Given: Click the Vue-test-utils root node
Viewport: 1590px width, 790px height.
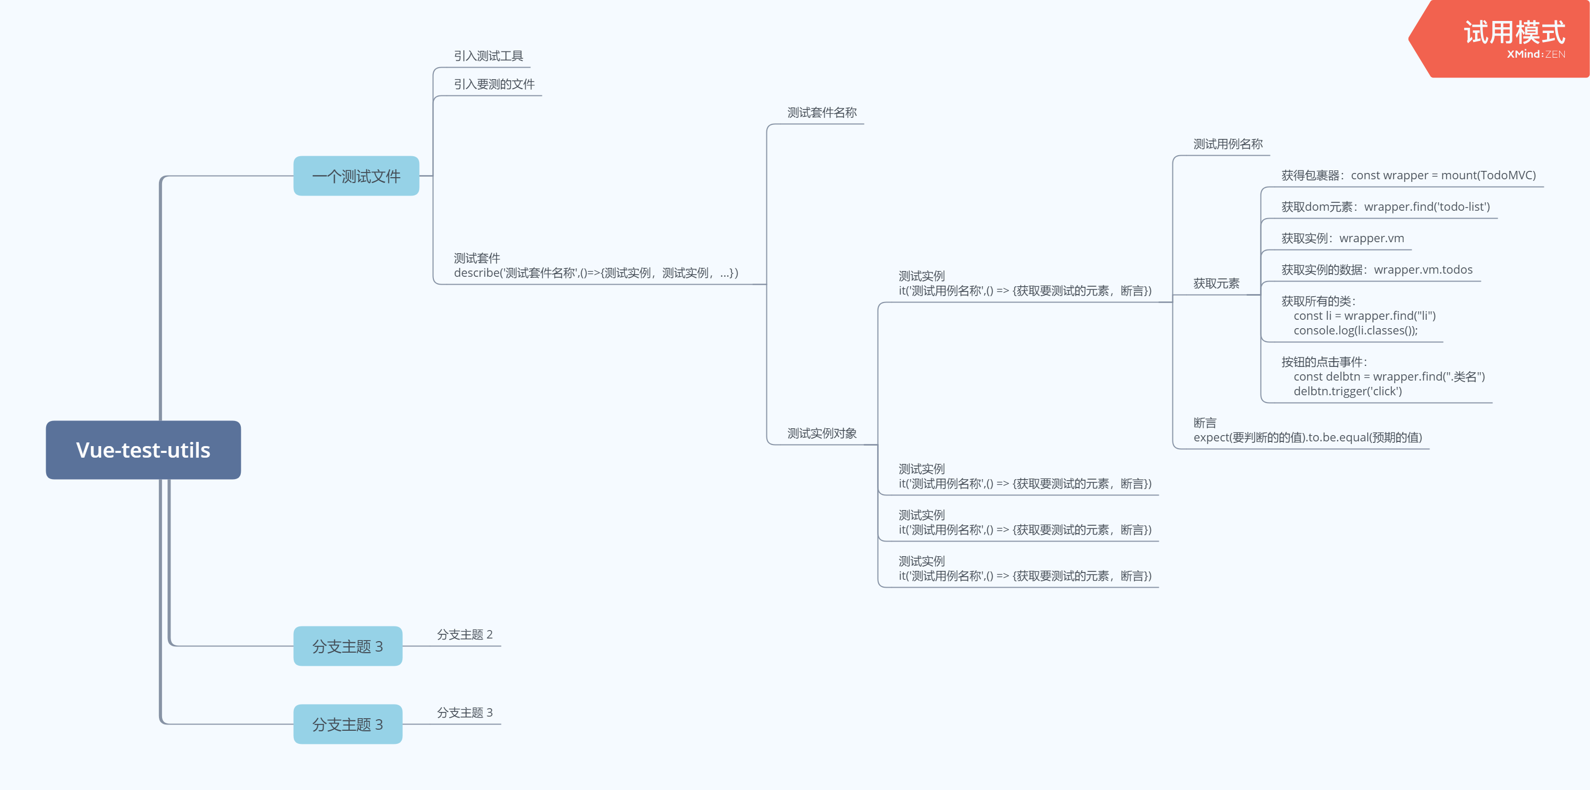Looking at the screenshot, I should [143, 450].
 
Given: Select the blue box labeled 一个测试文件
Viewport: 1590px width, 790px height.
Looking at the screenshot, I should [356, 176].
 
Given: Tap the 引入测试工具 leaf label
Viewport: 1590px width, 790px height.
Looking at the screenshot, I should [488, 56].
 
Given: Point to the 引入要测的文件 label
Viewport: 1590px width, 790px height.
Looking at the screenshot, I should [494, 84].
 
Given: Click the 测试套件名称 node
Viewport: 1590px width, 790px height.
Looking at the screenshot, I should [821, 113].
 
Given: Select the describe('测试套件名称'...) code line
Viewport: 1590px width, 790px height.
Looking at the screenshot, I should [595, 273].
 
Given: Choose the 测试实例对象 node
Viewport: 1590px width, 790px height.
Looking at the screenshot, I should [821, 434].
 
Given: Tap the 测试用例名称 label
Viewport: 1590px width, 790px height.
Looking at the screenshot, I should [1228, 144].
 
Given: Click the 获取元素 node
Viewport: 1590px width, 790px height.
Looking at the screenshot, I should [1216, 284].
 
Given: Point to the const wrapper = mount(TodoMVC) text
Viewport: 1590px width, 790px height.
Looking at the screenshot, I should [1443, 176].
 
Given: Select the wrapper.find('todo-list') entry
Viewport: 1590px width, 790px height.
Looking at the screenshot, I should [1426, 207].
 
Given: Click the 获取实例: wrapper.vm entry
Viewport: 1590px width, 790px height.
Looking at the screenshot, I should [1342, 239].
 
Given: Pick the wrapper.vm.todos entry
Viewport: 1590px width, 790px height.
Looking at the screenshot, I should [1423, 270].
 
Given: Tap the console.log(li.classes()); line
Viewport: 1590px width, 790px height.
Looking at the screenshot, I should [1356, 331].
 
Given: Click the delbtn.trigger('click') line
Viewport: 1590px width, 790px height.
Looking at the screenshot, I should [1348, 392].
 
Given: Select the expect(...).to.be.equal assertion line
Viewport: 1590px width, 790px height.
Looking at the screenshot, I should [1307, 438].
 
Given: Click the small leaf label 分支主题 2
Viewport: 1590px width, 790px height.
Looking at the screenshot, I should [465, 635].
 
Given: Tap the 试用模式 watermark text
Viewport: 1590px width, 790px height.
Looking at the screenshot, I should [1514, 32].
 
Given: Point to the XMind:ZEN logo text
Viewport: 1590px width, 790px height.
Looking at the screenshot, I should [1535, 55].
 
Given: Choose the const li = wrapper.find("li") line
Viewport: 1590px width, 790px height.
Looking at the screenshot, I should [1364, 316].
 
